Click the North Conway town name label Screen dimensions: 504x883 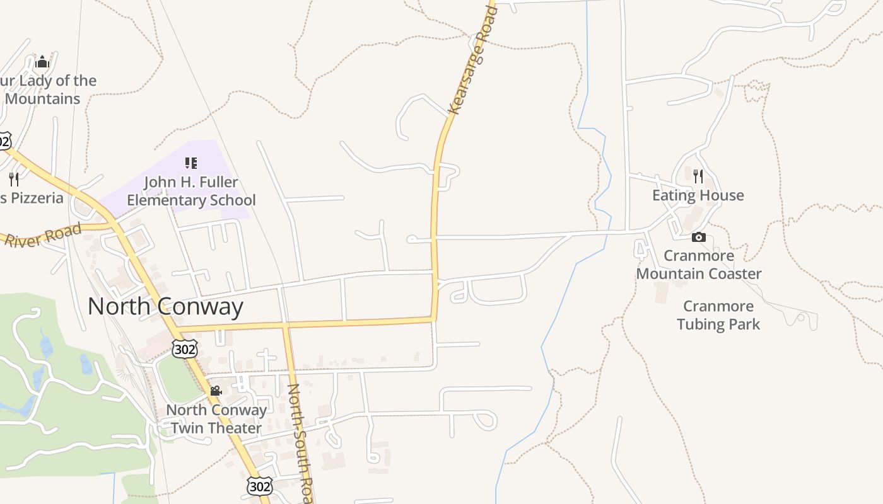165,306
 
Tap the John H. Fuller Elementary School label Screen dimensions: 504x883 191,191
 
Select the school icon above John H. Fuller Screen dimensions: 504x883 191,163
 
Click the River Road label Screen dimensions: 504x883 43,234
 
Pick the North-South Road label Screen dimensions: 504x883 300,441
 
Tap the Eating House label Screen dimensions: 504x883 698,195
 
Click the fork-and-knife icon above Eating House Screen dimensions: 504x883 698,176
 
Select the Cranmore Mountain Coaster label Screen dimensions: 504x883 699,265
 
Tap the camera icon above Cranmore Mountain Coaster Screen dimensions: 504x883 698,238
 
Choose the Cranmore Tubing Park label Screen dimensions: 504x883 718,315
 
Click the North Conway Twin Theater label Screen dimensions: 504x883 216,419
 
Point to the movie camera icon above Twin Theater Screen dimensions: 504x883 216,391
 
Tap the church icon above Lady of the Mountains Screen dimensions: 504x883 42,61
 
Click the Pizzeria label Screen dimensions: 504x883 32,198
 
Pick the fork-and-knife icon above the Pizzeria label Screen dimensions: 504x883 14,179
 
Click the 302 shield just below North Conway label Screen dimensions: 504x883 184,348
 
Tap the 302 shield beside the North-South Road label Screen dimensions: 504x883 260,486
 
